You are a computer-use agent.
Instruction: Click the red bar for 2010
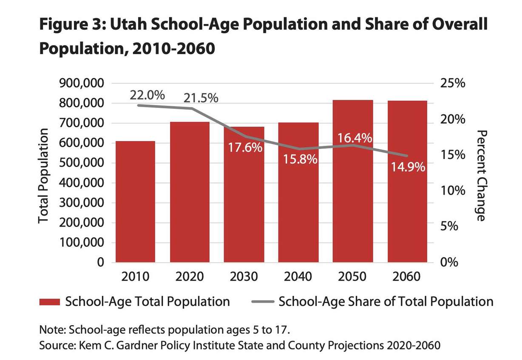point(135,201)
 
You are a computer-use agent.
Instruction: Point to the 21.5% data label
point(201,98)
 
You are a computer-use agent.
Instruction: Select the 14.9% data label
point(407,167)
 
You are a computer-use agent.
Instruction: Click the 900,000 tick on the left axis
point(79,83)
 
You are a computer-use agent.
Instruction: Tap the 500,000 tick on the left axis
point(79,163)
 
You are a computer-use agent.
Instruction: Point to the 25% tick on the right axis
point(451,83)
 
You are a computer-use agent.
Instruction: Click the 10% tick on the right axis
point(451,190)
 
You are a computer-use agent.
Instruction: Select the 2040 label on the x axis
point(298,277)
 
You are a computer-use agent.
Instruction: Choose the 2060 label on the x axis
point(407,277)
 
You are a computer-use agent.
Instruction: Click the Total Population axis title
point(44,176)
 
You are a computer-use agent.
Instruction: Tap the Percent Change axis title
point(481,176)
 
